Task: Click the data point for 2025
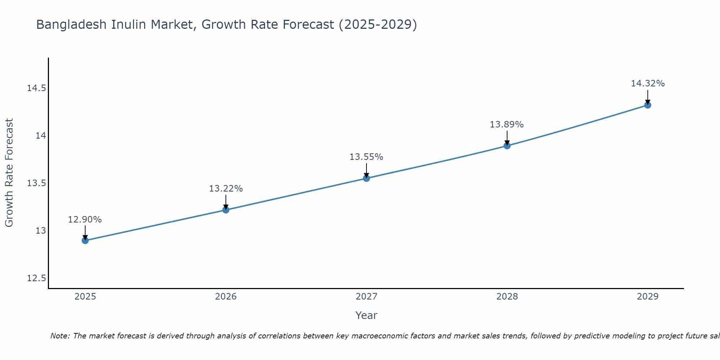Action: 85,240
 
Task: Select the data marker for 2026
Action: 226,210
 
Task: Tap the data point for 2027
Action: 366,178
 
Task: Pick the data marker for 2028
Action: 507,146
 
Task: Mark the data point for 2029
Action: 648,105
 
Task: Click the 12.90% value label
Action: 85,220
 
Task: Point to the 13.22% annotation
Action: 226,189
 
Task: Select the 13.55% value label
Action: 366,157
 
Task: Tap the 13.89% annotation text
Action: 507,125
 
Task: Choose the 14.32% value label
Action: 648,84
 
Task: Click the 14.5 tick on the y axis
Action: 36,88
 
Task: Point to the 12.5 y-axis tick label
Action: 36,278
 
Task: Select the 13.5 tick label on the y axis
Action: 36,183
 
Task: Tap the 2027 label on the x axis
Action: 366,297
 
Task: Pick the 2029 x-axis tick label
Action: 648,297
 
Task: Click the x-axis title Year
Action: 366,315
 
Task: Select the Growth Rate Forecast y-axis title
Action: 9,173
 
